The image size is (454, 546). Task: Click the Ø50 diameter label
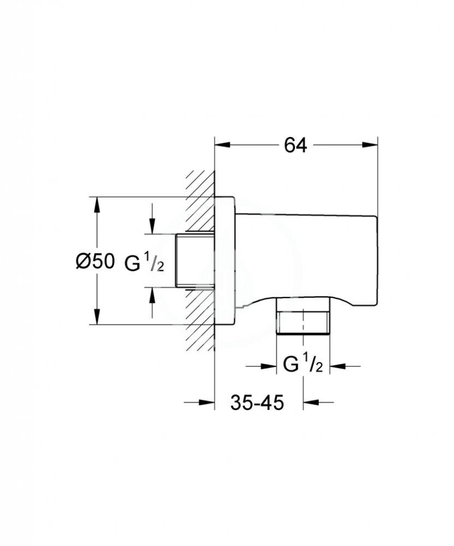click(95, 261)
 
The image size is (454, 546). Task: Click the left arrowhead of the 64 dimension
click(220, 145)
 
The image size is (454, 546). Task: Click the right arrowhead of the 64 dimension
click(373, 145)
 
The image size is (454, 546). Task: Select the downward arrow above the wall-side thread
click(152, 227)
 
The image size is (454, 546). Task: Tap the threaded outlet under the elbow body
click(304, 318)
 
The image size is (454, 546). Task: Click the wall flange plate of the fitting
click(225, 261)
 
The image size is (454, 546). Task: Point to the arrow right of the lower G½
click(338, 365)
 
